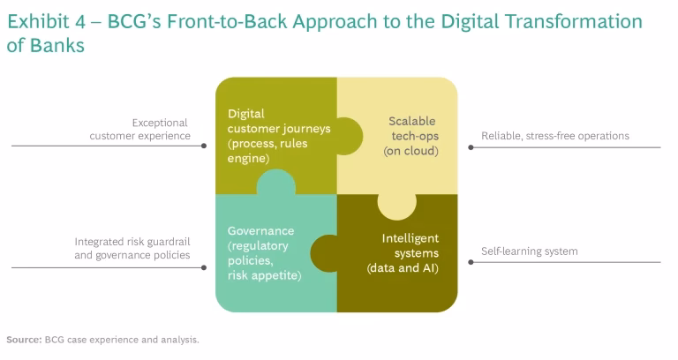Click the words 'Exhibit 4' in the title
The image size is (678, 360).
pos(46,21)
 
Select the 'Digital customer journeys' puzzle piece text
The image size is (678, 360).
pos(279,136)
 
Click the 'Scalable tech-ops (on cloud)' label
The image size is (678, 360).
pos(411,136)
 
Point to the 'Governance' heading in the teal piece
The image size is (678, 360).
pos(260,231)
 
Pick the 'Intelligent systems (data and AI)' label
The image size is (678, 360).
pos(403,253)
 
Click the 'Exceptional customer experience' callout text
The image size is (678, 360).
pos(139,129)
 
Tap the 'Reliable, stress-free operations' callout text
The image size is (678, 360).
pos(555,136)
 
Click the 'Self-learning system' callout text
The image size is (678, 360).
pos(530,251)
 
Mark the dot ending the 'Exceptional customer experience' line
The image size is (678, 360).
pos(204,146)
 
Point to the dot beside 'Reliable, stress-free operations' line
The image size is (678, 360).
pos(471,147)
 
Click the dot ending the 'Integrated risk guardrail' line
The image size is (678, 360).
pos(204,267)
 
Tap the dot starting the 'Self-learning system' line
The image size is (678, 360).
pos(471,262)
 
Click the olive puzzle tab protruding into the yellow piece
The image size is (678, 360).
pos(350,136)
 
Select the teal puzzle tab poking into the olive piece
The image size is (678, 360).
pos(275,182)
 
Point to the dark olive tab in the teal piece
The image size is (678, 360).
pos(323,253)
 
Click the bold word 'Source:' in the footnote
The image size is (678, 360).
pos(24,340)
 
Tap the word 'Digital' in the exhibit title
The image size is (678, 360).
pos(471,21)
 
